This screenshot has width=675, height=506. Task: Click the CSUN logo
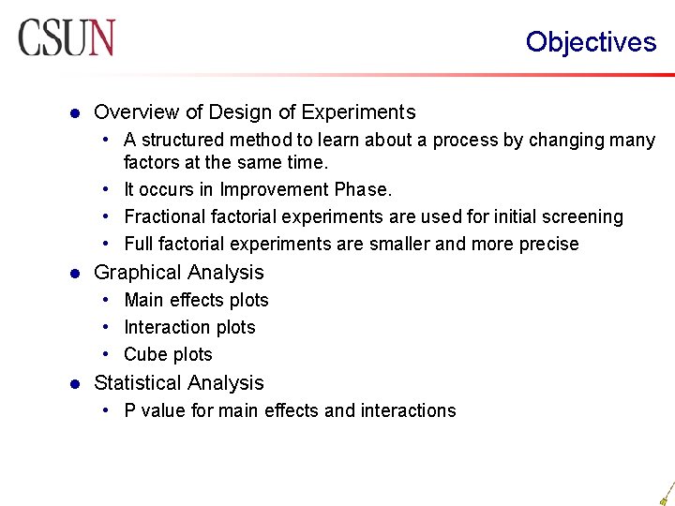(67, 38)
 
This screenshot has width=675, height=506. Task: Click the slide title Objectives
(591, 42)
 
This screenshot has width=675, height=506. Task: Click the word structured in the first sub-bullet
(184, 141)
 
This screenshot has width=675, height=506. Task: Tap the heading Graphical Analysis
(179, 273)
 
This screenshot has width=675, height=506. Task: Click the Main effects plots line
(196, 301)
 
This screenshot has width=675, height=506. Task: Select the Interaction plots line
(189, 328)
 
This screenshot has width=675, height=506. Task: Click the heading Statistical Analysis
(179, 383)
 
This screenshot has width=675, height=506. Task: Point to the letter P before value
(130, 410)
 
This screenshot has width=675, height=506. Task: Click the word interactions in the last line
(409, 410)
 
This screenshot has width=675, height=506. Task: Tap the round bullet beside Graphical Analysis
(75, 274)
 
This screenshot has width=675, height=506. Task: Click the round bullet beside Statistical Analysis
(75, 384)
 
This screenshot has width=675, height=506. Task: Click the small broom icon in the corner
(666, 493)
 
